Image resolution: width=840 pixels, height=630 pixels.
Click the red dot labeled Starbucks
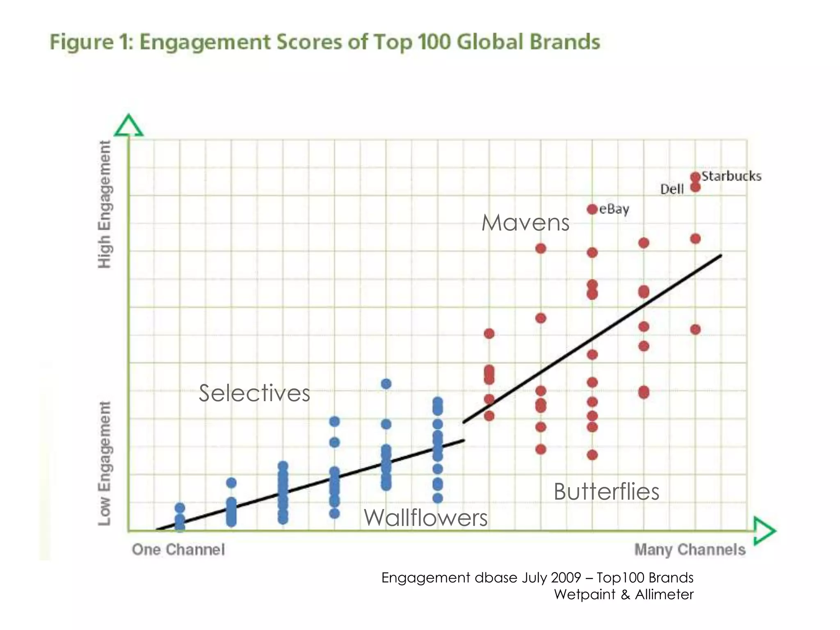click(x=695, y=177)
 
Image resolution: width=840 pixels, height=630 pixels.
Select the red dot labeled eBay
click(x=592, y=209)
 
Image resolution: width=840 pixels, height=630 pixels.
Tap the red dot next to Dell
click(x=695, y=187)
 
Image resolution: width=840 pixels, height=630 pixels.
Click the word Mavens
click(x=525, y=223)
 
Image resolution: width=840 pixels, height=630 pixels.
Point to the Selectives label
click(x=254, y=393)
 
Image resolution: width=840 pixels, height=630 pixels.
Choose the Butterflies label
click(x=606, y=491)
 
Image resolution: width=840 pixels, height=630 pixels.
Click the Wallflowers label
click(x=426, y=517)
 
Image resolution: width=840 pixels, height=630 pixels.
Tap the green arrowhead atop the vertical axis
click(x=128, y=126)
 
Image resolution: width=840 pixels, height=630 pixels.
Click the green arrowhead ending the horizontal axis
click(x=764, y=531)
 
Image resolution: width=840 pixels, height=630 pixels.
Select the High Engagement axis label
click(x=105, y=204)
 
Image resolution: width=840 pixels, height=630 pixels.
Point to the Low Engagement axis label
click(x=105, y=463)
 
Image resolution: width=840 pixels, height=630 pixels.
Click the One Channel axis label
click(x=178, y=550)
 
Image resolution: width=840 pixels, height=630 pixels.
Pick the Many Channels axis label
click(x=690, y=550)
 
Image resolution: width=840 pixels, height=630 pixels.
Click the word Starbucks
click(x=731, y=176)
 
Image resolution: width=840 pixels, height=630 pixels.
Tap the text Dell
click(x=672, y=189)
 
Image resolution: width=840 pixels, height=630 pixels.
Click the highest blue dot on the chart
click(x=386, y=384)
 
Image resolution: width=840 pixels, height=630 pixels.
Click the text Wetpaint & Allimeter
click(x=623, y=594)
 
